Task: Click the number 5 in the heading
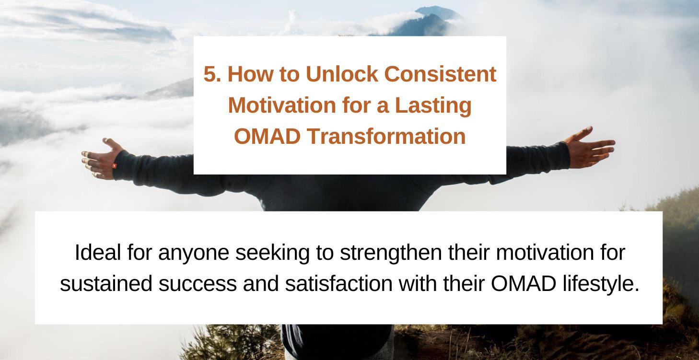click(x=209, y=74)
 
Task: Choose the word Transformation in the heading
click(x=386, y=136)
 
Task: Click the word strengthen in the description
click(x=391, y=253)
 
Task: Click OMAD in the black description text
click(x=523, y=284)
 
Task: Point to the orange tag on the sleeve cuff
click(x=115, y=165)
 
